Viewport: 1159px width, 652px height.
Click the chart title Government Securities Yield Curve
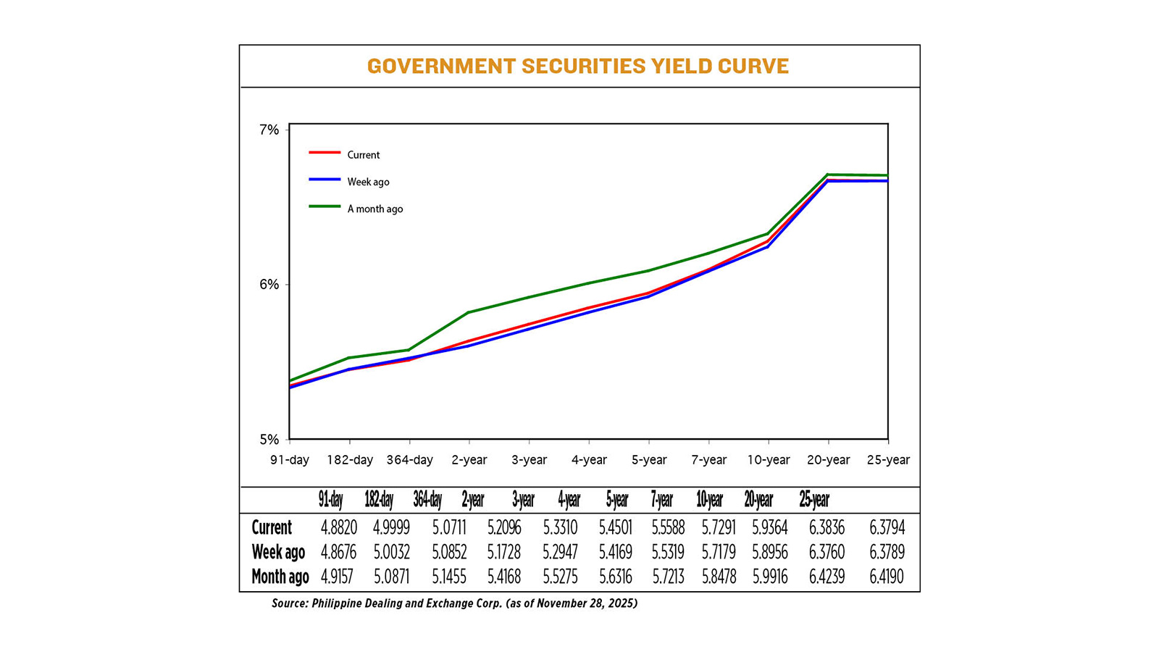pyautogui.click(x=577, y=66)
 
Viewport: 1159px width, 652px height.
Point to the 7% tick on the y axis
pyautogui.click(x=269, y=130)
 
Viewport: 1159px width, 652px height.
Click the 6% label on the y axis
pyautogui.click(x=269, y=285)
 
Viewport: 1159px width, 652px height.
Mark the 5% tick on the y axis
pyautogui.click(x=269, y=440)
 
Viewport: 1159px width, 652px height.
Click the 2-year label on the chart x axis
pyautogui.click(x=469, y=460)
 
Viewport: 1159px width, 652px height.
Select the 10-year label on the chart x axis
pyautogui.click(x=769, y=460)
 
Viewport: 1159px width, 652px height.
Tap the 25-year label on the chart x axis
pyautogui.click(x=888, y=460)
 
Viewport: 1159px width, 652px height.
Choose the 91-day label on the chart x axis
pyautogui.click(x=290, y=460)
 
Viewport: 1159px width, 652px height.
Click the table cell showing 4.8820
pyautogui.click(x=338, y=527)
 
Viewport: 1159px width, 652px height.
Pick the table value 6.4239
pyautogui.click(x=827, y=577)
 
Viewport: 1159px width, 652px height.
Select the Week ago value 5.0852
pyautogui.click(x=449, y=552)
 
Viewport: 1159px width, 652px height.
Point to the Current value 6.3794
pyautogui.click(x=887, y=527)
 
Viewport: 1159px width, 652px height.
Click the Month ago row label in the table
pyautogui.click(x=280, y=577)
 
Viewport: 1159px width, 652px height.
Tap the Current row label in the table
pyautogui.click(x=272, y=527)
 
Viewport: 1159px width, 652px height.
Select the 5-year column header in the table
pyautogui.click(x=617, y=500)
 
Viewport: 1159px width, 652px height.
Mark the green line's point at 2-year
pyautogui.click(x=469, y=312)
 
